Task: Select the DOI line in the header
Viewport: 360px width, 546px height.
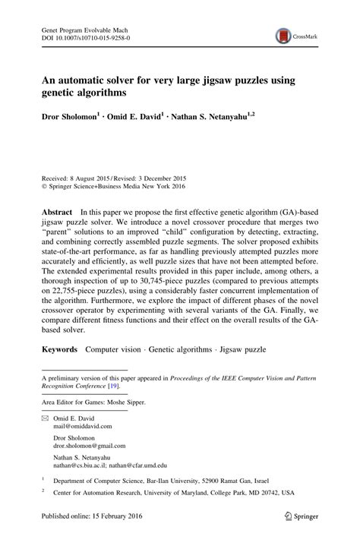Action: tap(85, 36)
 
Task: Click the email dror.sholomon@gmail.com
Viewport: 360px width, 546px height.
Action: tap(90, 447)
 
